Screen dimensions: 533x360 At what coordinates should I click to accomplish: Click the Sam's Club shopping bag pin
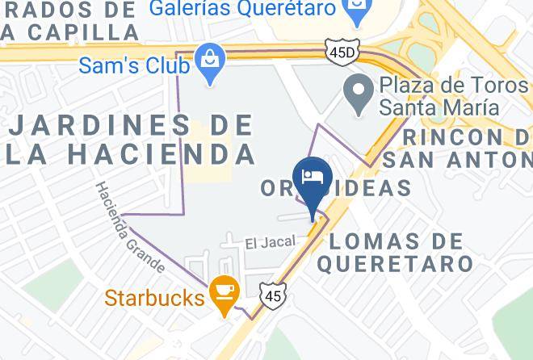coord(211,63)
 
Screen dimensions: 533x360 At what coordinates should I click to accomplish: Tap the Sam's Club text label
coord(134,64)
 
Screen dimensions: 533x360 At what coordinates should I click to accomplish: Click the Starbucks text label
coord(153,298)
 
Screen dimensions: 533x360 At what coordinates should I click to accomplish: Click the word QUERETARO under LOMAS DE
coord(395,263)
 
